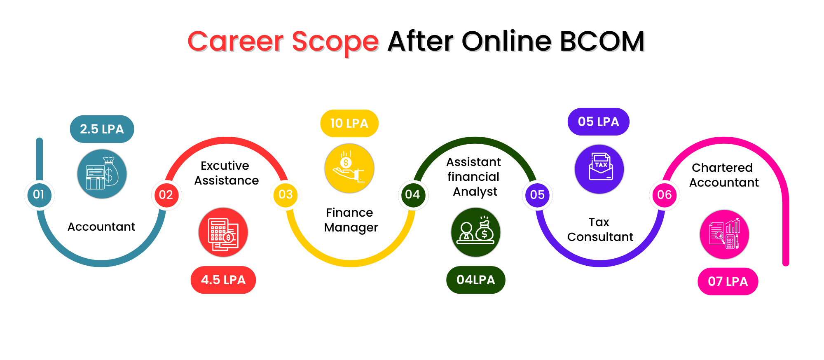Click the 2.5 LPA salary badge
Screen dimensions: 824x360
pos(102,129)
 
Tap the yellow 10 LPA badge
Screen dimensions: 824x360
pos(349,123)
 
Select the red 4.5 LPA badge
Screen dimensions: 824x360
pos(223,280)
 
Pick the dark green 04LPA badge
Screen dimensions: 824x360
pos(476,280)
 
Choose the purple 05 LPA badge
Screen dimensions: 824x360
pos(599,122)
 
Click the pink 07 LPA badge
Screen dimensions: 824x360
pos(728,281)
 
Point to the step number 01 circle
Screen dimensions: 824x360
pos(39,194)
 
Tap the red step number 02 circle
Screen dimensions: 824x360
pos(166,195)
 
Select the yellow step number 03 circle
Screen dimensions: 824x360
pos(286,194)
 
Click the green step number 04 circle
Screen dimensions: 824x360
pos(412,194)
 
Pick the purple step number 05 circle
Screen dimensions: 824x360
pos(538,195)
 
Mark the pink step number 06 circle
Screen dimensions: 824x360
pos(665,195)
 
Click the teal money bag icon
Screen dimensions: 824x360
pos(102,174)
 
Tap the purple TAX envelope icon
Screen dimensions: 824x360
pos(599,169)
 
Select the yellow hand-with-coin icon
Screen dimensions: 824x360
pos(349,168)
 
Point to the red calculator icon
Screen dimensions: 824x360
pos(223,232)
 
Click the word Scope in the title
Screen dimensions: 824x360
pos(335,42)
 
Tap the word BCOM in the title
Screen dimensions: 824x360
pos(602,41)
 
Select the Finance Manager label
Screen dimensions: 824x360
pos(351,220)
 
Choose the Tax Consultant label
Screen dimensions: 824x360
pos(600,229)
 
